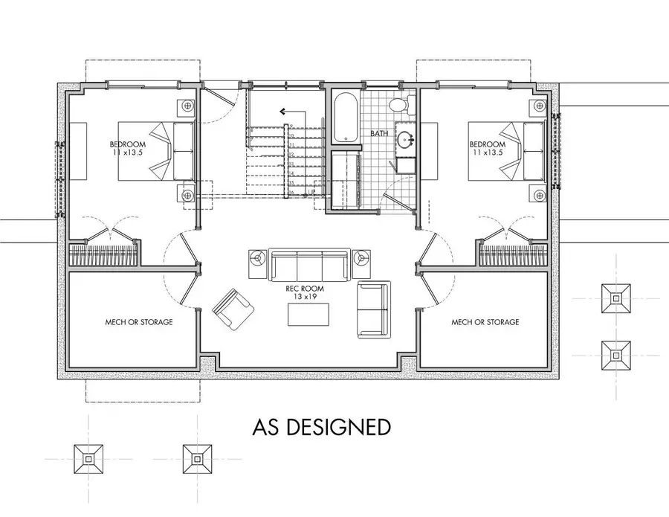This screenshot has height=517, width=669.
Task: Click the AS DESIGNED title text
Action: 321,427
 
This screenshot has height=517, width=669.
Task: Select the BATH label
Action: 380,135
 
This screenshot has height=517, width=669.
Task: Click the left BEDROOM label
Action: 128,144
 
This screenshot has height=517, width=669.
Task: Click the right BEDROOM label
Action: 487,144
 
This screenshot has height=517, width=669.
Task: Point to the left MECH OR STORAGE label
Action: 139,322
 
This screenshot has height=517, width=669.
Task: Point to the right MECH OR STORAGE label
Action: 485,322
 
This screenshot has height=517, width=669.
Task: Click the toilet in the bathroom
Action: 400,104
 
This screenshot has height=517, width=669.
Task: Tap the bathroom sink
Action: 406,139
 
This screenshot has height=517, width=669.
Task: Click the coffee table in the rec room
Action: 309,315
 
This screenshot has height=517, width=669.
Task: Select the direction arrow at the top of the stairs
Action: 283,111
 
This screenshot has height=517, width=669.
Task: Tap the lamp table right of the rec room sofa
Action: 361,258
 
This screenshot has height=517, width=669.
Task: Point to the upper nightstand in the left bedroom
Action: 186,106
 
